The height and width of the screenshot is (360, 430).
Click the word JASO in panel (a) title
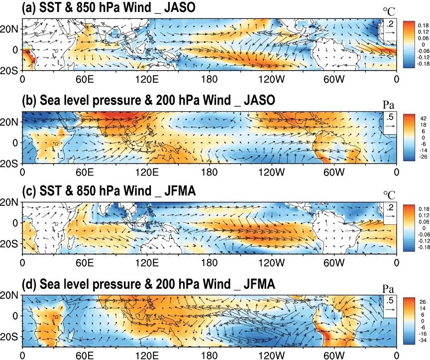pos(180,7)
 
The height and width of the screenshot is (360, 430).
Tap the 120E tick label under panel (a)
pos(147,80)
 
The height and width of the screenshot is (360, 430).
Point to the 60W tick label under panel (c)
pos(334,263)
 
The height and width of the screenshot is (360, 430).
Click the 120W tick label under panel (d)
pos(272,356)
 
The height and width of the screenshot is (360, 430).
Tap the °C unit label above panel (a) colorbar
pos(389,11)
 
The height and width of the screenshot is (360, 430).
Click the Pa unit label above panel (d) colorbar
pos(388,289)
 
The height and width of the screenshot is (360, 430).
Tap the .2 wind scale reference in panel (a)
pos(390,24)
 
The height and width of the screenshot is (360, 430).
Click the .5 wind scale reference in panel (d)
pos(390,300)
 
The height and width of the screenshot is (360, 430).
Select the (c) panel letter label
pos(29,190)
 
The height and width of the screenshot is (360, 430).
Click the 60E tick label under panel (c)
pos(85,263)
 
